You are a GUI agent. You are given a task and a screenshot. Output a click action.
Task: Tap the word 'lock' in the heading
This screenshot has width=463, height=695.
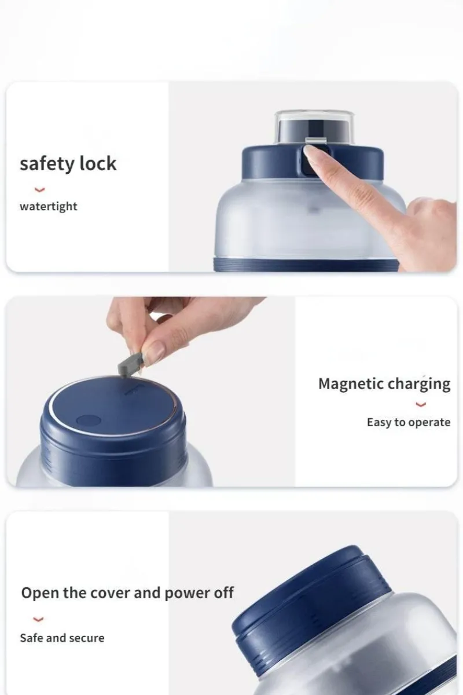click(x=98, y=163)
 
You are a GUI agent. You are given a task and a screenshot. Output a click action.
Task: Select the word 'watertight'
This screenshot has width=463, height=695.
click(x=49, y=206)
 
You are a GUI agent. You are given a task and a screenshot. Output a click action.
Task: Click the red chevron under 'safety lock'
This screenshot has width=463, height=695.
click(x=39, y=189)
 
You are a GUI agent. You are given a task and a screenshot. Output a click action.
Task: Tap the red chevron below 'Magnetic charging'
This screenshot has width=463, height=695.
click(x=421, y=404)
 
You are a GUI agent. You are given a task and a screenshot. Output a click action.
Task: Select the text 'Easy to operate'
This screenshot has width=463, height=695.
click(x=409, y=423)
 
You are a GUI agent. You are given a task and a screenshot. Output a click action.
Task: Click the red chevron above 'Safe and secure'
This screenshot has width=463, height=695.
click(x=38, y=619)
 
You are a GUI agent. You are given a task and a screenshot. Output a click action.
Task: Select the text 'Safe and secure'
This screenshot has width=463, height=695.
click(x=63, y=638)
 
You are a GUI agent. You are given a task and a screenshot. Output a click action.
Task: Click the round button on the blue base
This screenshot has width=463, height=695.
click(x=89, y=421)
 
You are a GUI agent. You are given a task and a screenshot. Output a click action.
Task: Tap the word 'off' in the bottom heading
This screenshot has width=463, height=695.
click(x=223, y=593)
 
